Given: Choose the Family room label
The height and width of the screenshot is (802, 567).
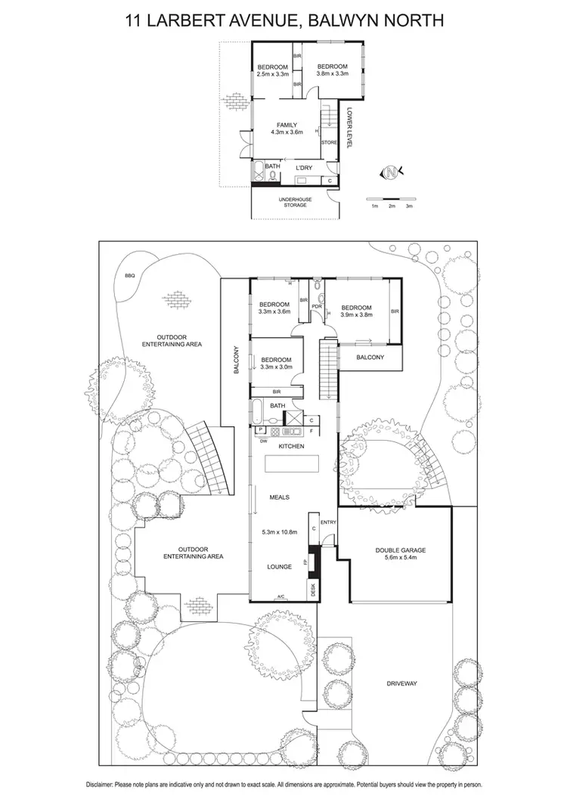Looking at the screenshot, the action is click(287, 125).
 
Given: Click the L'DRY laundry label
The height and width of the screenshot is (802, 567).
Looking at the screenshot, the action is click(303, 168).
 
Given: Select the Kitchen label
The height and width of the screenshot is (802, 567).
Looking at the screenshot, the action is click(291, 447).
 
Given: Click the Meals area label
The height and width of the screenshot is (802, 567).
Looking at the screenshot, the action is click(280, 497).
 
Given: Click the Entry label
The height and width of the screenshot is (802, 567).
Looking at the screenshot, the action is click(328, 522).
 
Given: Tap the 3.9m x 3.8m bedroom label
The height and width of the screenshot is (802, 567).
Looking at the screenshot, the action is click(356, 316).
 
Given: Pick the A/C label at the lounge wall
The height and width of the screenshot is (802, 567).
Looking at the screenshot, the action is click(281, 596).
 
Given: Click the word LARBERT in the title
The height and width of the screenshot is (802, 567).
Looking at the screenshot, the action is click(201, 20).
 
